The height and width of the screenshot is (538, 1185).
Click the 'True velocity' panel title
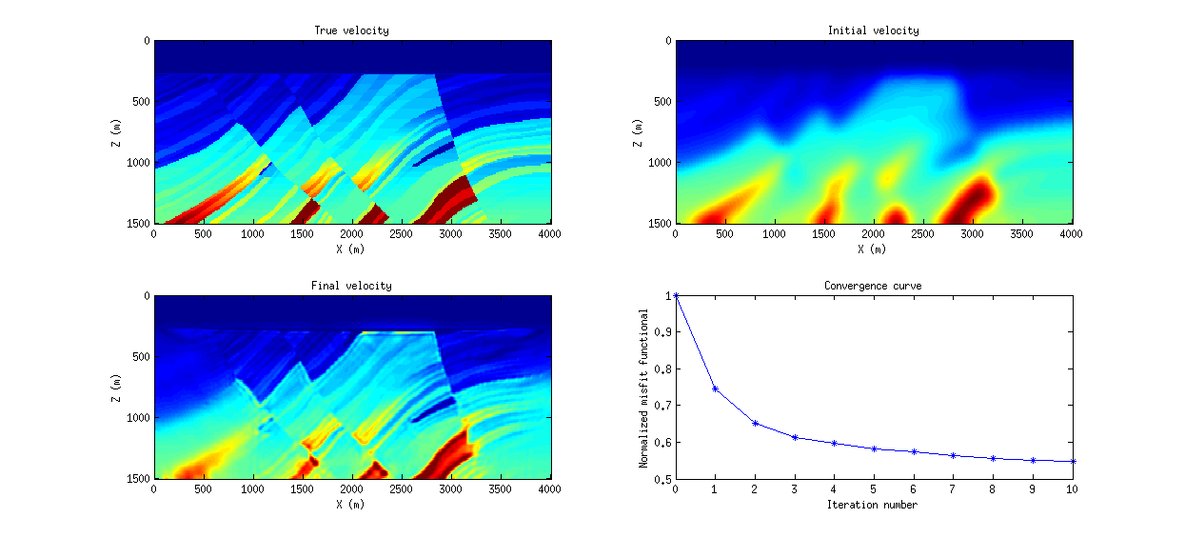click(351, 30)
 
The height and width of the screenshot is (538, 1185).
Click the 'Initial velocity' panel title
click(873, 30)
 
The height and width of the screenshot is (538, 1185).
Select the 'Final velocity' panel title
click(351, 286)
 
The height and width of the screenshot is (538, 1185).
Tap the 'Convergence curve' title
click(873, 286)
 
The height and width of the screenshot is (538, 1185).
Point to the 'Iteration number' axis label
click(873, 505)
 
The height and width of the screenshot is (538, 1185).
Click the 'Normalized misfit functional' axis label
click(643, 388)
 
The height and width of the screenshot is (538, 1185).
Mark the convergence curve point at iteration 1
click(715, 389)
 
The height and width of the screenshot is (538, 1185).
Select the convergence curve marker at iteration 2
click(755, 423)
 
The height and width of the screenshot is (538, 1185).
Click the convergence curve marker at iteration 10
click(1073, 461)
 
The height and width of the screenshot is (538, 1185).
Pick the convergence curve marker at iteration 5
click(874, 448)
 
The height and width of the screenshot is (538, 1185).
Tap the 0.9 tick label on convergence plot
click(662, 332)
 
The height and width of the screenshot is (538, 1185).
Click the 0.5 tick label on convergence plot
click(662, 479)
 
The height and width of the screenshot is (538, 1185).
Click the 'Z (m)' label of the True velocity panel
click(116, 132)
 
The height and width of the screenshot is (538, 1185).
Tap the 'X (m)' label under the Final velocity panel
click(351, 505)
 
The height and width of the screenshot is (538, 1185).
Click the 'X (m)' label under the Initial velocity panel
click(873, 249)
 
